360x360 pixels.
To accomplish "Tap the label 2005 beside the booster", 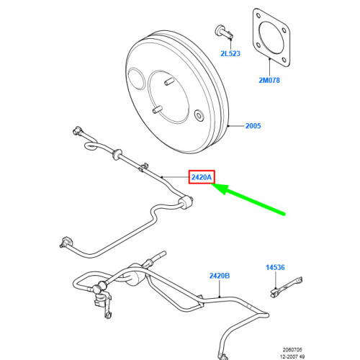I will pyautogui.click(x=253, y=127).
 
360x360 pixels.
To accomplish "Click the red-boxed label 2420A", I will pyautogui.click(x=201, y=177).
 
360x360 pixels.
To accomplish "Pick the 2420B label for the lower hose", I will pyautogui.click(x=220, y=276).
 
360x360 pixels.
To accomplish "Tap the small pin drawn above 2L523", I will pyautogui.click(x=222, y=32).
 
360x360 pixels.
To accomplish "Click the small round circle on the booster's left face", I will pyautogui.click(x=137, y=77).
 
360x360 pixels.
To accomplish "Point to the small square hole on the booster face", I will pyautogui.click(x=198, y=114).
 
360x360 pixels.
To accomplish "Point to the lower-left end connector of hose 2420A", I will pyautogui.click(x=66, y=240).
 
